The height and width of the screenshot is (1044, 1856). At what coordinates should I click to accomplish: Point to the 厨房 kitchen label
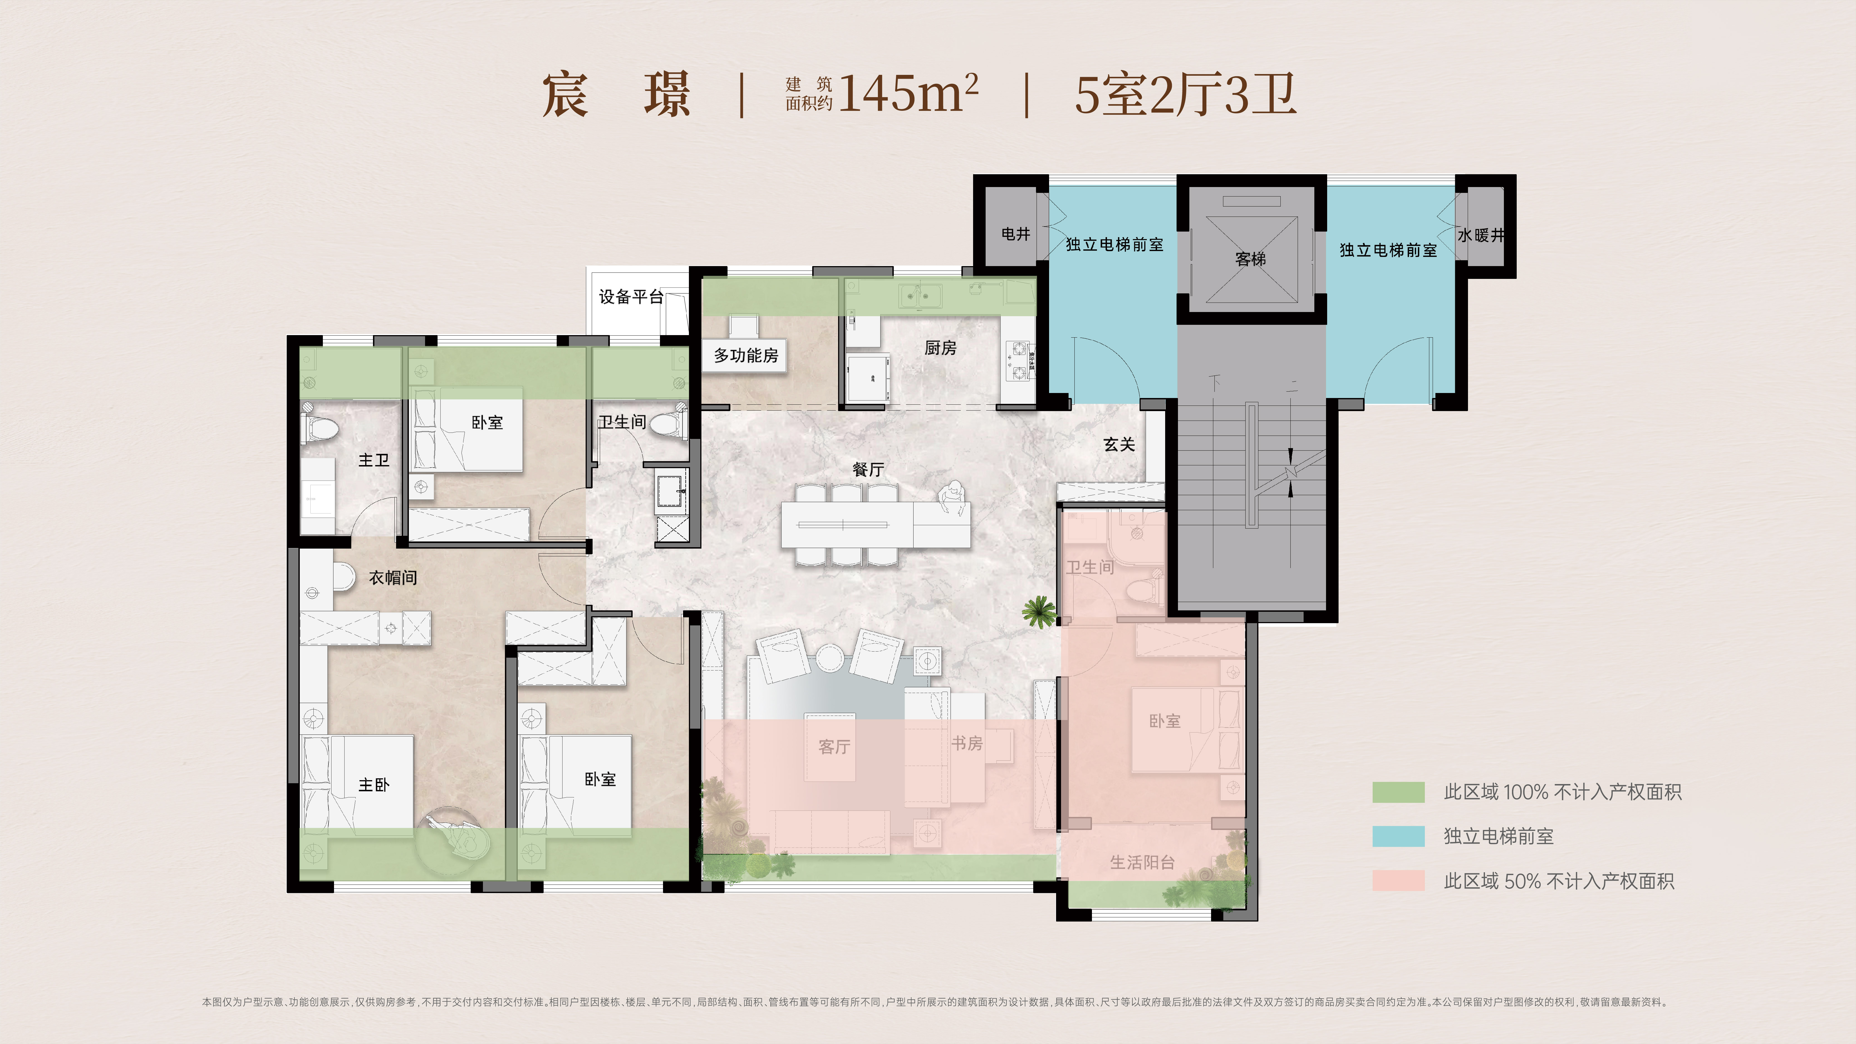pos(940,348)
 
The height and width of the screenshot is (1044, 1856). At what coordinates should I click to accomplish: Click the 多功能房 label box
pos(746,355)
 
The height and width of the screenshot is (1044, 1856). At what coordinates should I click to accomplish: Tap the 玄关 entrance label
pos(1119,444)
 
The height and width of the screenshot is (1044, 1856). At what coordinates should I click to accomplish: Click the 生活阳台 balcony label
pos(1142,863)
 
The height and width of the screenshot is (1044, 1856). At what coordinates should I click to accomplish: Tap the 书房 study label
pos(967,743)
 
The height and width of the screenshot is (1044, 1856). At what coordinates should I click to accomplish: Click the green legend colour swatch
pos(1398,792)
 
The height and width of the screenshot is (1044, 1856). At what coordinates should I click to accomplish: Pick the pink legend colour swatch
pos(1398,880)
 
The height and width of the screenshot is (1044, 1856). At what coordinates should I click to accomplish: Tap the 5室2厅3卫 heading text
pos(1185,94)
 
